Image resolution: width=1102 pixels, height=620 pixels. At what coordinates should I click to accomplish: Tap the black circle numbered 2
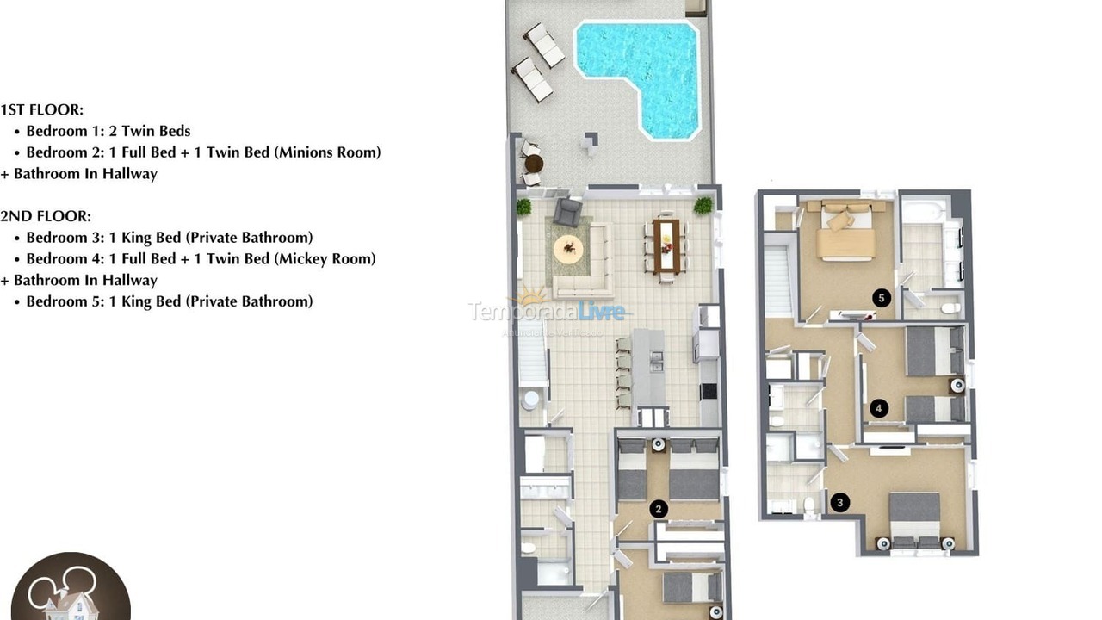point(659,509)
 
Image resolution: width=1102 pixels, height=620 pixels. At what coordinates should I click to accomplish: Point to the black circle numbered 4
point(879,408)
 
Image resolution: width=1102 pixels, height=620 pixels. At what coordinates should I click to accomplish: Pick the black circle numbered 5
point(880,298)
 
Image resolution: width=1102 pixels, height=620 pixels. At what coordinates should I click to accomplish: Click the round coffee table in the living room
point(568,250)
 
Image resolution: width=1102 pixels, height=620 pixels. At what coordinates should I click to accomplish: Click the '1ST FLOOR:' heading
point(42,109)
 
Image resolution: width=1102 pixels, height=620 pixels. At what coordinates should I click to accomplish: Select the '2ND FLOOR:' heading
point(46,216)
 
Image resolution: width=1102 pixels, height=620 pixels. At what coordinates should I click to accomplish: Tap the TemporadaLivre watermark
point(546,311)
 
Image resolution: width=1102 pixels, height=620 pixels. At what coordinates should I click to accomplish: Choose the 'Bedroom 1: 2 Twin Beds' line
point(108,131)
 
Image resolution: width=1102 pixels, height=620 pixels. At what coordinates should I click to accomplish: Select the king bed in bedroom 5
point(845,232)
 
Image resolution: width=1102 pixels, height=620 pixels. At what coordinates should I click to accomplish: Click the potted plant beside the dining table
point(703,205)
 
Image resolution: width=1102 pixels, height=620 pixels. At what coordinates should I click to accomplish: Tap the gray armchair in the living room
point(567,211)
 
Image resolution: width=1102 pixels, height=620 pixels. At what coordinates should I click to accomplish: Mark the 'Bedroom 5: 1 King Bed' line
point(170,301)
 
